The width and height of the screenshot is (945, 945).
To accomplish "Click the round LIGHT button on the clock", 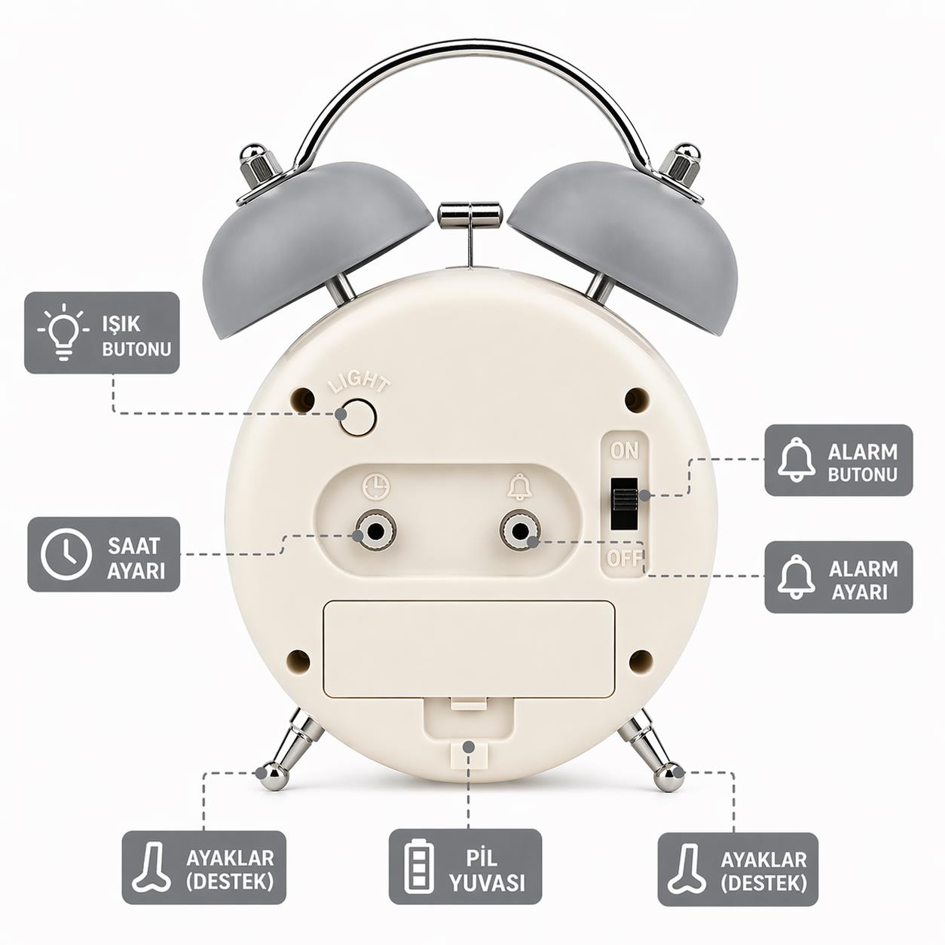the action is (358, 417).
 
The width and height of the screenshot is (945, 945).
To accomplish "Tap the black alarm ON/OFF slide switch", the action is (624, 503).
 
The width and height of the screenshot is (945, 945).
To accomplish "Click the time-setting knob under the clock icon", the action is (376, 531).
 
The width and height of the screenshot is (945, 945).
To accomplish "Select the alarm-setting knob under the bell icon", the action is (520, 531).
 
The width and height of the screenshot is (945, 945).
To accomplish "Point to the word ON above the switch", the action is (624, 451).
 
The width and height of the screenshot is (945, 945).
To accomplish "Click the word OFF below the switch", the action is (624, 558).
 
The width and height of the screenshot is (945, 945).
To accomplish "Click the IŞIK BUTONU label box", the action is (102, 333).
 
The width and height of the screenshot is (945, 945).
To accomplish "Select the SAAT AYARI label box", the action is (103, 554).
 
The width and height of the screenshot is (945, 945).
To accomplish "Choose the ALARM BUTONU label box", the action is (839, 460).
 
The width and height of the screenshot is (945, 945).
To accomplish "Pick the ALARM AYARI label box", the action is (839, 577).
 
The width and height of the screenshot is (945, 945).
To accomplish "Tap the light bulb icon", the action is (64, 332).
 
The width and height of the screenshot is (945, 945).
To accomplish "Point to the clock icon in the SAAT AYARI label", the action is (66, 555).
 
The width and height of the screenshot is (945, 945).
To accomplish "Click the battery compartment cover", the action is (469, 650).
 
